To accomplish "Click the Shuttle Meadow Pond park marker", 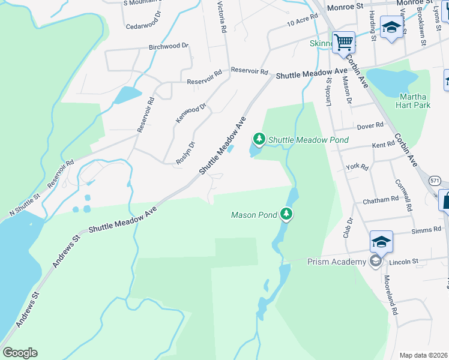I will [x=259, y=139].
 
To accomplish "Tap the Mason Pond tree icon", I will [x=287, y=214].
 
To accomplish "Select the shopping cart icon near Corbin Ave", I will [x=343, y=42].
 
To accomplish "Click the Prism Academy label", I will [x=336, y=262].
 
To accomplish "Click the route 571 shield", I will [x=435, y=180].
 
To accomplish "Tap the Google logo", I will [x=20, y=352].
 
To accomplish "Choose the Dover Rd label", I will [x=370, y=125].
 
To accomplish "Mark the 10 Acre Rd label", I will [x=301, y=22].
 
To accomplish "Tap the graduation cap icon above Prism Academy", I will [x=381, y=241].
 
